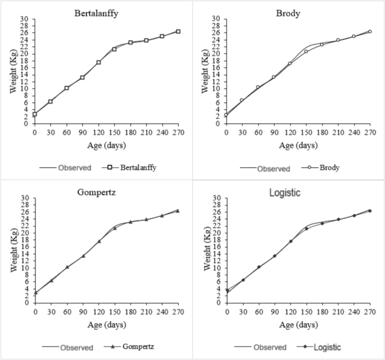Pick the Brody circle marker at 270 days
click(370, 32)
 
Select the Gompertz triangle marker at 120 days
click(99, 241)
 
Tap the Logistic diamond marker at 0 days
click(227, 290)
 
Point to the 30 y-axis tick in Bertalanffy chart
click(24, 19)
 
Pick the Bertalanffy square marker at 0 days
click(34, 115)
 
